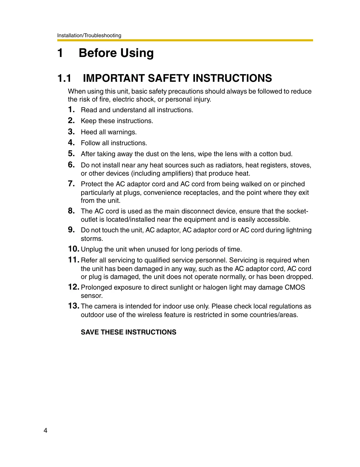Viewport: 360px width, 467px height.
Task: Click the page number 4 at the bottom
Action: [x=45, y=431]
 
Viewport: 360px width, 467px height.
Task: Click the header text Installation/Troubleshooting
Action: [x=89, y=35]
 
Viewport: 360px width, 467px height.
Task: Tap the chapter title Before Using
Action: [x=116, y=53]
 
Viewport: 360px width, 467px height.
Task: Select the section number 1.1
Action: [x=64, y=78]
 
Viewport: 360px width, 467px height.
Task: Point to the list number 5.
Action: [x=71, y=154]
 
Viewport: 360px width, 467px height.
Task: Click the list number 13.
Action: [x=74, y=306]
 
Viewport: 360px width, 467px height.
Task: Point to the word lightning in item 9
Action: [x=298, y=230]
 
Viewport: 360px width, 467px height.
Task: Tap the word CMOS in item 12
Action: [x=295, y=288]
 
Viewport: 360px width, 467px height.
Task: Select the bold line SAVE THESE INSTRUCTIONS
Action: [x=128, y=332]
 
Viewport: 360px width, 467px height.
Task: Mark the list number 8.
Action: [x=71, y=211]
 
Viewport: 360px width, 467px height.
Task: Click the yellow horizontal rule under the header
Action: [x=185, y=40]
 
